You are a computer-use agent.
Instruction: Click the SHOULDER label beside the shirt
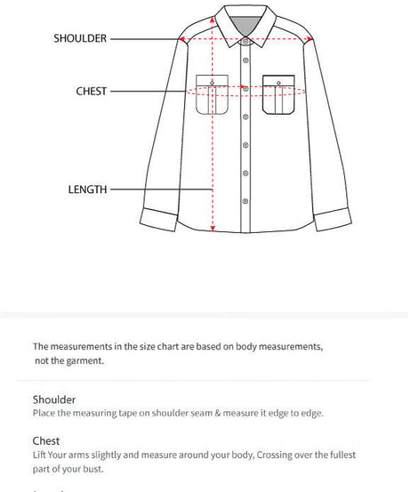click(80, 38)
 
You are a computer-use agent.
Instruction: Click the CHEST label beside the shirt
click(92, 91)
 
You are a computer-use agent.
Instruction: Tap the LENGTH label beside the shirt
click(87, 189)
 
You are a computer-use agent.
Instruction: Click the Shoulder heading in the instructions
click(54, 399)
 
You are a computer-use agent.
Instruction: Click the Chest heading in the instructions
click(46, 440)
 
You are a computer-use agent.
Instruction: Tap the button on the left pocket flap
click(212, 85)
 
